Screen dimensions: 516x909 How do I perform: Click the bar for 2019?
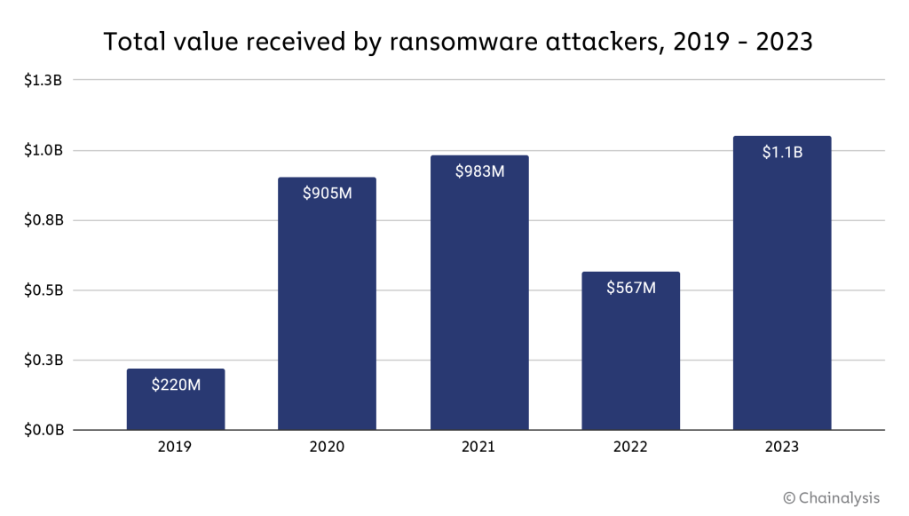pos(176,400)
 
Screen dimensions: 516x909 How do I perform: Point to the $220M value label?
pos(176,385)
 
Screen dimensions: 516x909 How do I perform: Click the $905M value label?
pos(327,193)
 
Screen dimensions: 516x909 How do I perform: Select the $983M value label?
pos(479,171)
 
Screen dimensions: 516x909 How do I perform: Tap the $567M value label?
pos(630,288)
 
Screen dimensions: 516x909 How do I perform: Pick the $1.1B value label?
pos(782,152)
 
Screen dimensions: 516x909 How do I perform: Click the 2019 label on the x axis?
pos(176,447)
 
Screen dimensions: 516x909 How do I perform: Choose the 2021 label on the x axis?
pos(479,447)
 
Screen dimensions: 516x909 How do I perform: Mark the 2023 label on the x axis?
pos(782,447)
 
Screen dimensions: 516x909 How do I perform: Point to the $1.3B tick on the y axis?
pos(43,80)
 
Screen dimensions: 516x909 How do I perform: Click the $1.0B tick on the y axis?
pos(43,150)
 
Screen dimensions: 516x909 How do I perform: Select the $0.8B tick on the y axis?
pos(43,220)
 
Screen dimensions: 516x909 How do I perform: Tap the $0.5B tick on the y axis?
pos(43,290)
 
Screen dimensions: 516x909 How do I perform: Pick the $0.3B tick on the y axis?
pos(43,361)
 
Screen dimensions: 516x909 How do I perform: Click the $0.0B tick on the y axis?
pos(43,431)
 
